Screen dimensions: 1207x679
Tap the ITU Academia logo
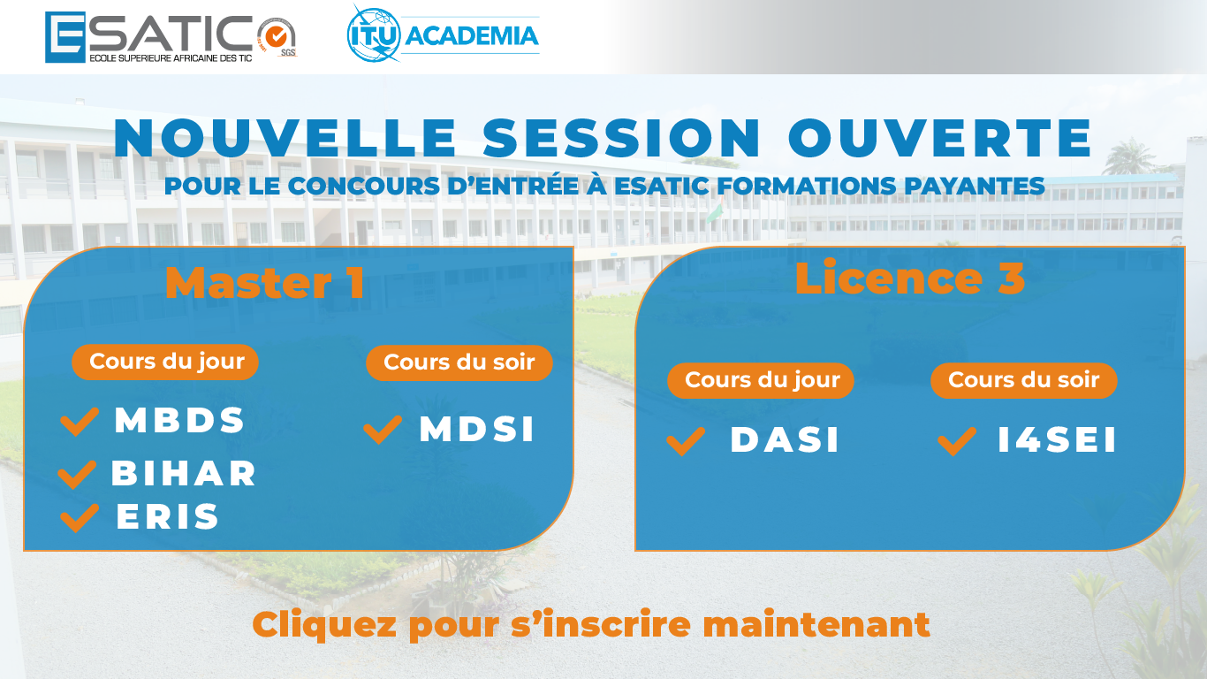point(443,34)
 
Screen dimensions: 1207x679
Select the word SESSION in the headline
point(622,138)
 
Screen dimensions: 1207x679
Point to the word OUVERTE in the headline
point(941,138)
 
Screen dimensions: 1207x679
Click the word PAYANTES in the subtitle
point(975,186)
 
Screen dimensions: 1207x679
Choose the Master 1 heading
point(264,283)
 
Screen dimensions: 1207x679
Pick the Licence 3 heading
point(910,278)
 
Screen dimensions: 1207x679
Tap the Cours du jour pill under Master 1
point(165,362)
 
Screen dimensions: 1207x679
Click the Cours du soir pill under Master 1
point(459,363)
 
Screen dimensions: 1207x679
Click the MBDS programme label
point(180,420)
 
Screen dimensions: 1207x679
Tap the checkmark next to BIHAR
point(77,475)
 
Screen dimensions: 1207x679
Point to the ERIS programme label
point(168,516)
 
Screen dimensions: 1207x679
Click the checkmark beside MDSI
point(383,430)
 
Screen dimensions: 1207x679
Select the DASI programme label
point(785,440)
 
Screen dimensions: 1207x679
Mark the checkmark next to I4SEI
point(957,442)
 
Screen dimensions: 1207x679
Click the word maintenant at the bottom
point(816,624)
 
